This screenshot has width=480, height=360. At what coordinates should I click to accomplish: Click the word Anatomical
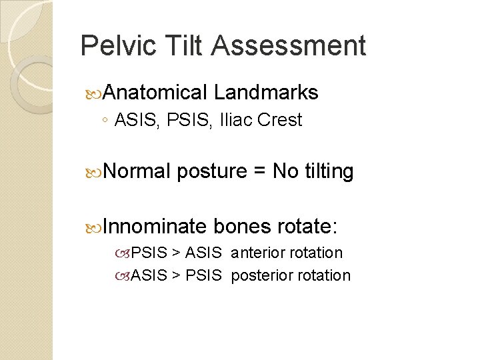click(155, 93)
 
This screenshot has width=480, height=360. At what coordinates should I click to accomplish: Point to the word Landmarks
click(266, 93)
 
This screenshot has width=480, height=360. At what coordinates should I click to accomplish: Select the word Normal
click(138, 172)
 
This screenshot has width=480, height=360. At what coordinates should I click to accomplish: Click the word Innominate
click(155, 227)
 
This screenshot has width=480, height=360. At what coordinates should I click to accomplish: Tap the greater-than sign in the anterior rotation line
click(176, 253)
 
